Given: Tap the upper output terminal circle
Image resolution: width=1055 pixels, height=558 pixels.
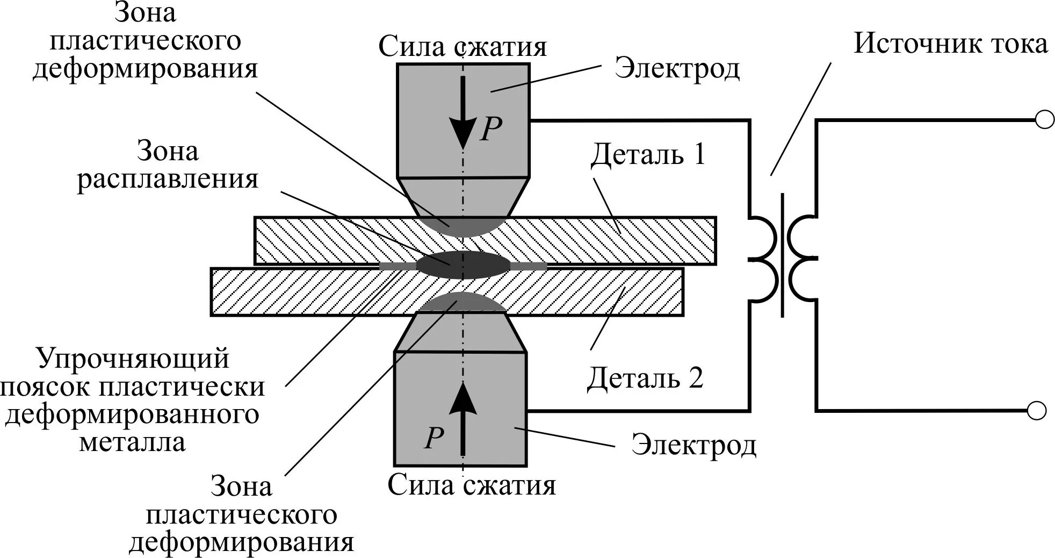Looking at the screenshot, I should [1044, 120].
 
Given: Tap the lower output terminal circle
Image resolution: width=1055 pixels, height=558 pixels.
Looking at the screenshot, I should [1037, 411].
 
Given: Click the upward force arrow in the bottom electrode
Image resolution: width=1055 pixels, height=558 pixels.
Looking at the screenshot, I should [463, 419].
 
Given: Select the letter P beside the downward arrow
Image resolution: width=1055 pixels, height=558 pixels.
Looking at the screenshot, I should [490, 129].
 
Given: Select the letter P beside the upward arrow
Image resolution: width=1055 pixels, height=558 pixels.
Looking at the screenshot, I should [433, 438].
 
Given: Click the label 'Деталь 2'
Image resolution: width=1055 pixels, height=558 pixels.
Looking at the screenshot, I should [645, 378].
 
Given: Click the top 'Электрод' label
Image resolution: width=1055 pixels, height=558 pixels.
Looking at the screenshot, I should [677, 69].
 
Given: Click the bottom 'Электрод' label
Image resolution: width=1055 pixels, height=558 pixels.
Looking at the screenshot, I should [693, 445].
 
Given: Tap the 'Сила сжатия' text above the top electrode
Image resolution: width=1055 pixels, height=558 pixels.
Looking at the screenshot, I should [462, 46].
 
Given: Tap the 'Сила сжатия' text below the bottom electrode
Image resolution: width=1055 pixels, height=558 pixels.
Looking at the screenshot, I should [471, 485].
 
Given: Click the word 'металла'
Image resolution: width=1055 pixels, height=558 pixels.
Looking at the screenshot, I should [133, 442].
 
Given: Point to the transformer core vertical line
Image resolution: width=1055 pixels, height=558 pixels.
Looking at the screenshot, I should [783, 255].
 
